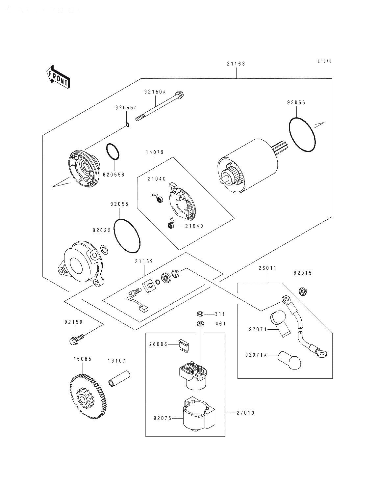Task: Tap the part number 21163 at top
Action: point(236,64)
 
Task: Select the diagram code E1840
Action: point(324,61)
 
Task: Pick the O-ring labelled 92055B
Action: point(113,152)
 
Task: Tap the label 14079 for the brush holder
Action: point(155,152)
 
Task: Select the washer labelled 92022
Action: point(104,250)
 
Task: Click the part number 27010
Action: point(245,413)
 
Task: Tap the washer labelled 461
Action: point(200,324)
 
